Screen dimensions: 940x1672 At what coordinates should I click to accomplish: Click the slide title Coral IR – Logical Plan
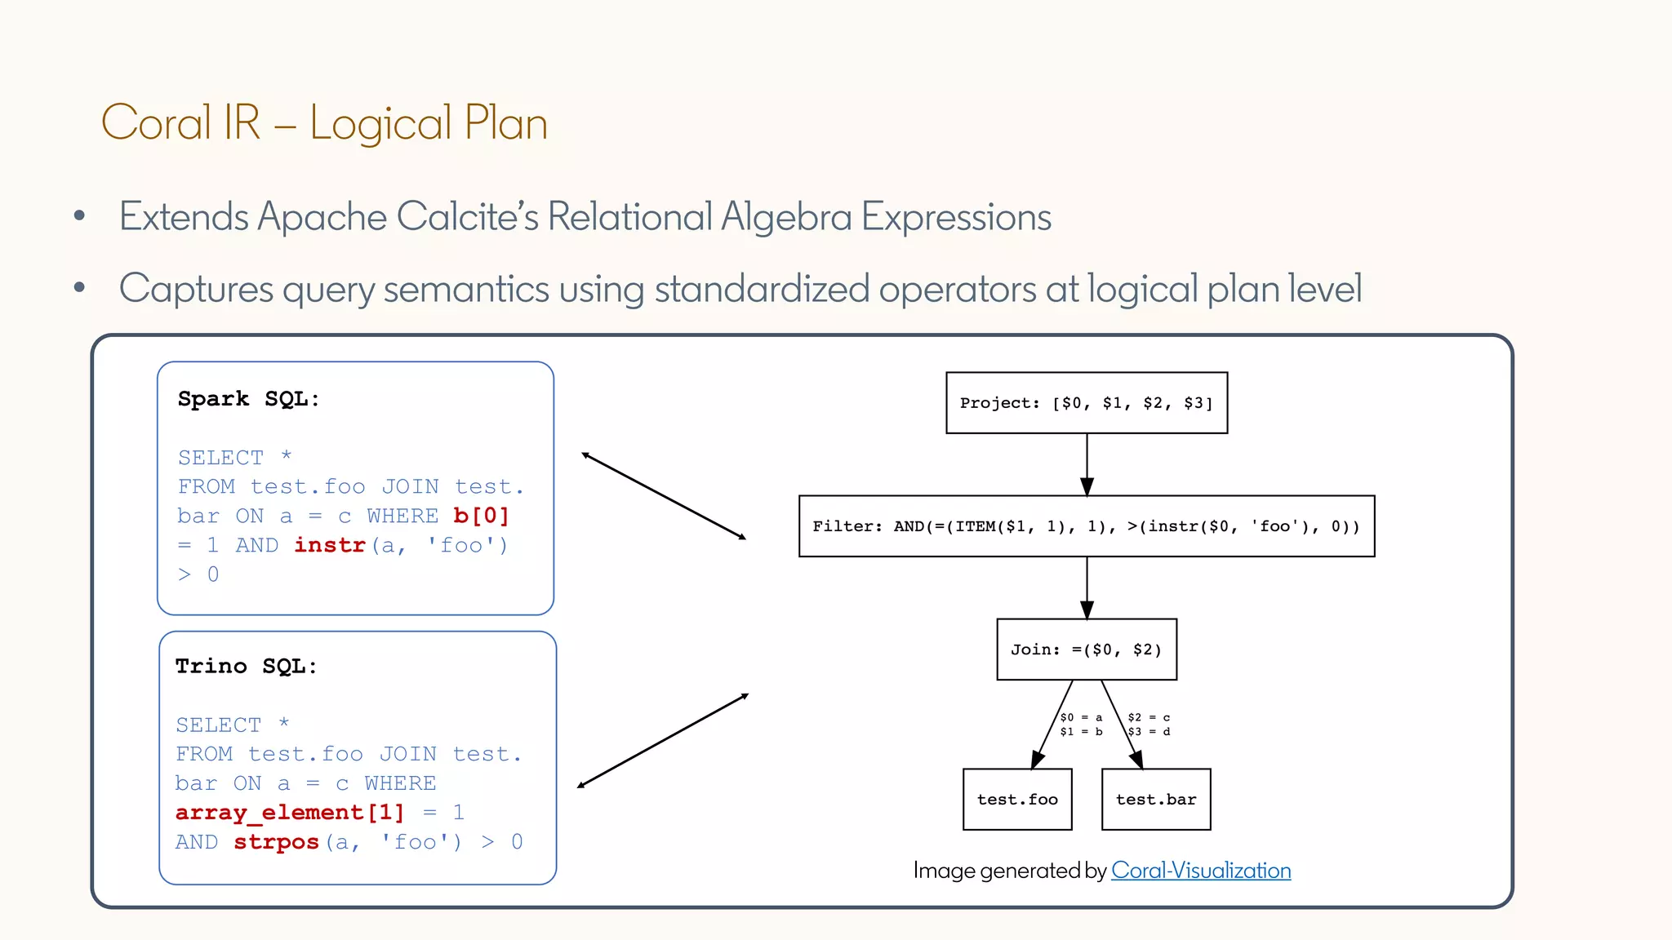pyautogui.click(x=324, y=123)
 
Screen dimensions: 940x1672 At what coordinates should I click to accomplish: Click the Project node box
pyautogui.click(x=1086, y=403)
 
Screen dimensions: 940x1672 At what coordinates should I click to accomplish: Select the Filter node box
pyautogui.click(x=1086, y=526)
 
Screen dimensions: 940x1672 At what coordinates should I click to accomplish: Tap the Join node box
pyautogui.click(x=1086, y=650)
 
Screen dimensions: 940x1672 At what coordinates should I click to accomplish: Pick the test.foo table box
pyautogui.click(x=1017, y=800)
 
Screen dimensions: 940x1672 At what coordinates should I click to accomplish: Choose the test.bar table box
pyautogui.click(x=1155, y=800)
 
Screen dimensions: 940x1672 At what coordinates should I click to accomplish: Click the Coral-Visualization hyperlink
pyautogui.click(x=1200, y=871)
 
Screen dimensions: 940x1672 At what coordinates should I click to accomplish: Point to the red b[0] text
pyautogui.click(x=481, y=517)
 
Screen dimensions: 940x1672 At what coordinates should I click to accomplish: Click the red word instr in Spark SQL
pyautogui.click(x=329, y=545)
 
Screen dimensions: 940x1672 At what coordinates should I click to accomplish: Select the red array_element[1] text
pyautogui.click(x=290, y=813)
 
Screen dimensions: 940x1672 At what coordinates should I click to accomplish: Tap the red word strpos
pyautogui.click(x=276, y=842)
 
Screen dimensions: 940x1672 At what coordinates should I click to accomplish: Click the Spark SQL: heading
pyautogui.click(x=248, y=399)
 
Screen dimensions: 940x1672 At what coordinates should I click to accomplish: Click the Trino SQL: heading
pyautogui.click(x=246, y=667)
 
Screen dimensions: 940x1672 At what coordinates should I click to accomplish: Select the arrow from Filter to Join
pyautogui.click(x=1087, y=587)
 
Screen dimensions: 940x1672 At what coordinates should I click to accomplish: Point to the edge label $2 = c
pyautogui.click(x=1149, y=718)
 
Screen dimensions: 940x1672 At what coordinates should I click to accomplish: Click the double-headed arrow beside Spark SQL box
pyautogui.click(x=664, y=495)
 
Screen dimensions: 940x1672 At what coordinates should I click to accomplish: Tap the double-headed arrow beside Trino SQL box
pyautogui.click(x=663, y=740)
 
